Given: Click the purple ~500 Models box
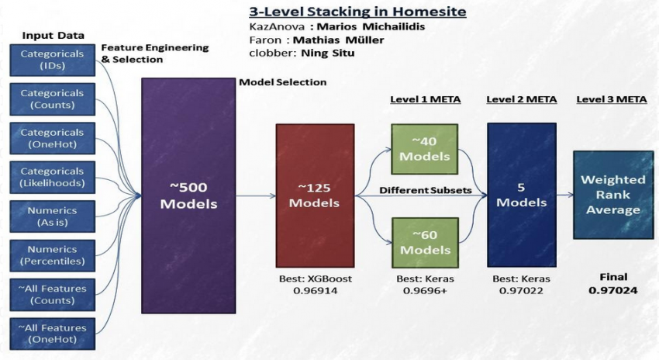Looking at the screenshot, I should (188, 195).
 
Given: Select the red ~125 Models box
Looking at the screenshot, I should (314, 195).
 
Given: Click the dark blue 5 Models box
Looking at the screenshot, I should (521, 195).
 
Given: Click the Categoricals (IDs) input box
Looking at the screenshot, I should (53, 61).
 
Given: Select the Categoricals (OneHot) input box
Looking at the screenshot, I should (53, 138).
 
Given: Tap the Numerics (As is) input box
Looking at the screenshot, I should (53, 216).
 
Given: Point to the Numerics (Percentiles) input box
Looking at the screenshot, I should (53, 255).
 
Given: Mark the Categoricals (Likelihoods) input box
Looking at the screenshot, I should (53, 177).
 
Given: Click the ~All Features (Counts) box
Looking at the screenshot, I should (53, 294).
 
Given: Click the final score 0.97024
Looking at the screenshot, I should (612, 291).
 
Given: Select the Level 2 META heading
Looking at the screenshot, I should (521, 99).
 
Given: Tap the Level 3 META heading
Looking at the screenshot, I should (612, 99).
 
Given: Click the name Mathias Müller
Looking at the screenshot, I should (339, 40).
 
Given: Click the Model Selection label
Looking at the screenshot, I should (282, 81).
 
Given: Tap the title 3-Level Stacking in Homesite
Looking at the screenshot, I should (357, 12).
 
